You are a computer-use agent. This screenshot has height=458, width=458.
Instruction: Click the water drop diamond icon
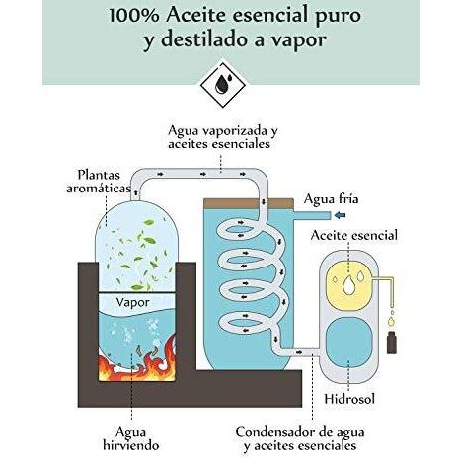[223, 85]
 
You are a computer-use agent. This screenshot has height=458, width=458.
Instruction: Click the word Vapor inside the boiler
[133, 302]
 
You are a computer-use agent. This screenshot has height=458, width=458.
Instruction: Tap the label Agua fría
[331, 199]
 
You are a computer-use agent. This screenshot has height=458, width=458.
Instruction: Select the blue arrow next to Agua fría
[340, 215]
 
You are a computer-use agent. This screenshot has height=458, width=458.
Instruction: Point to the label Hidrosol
[349, 399]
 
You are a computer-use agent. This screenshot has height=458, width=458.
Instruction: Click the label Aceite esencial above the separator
[354, 235]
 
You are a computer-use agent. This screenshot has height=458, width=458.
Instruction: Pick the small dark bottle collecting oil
[391, 343]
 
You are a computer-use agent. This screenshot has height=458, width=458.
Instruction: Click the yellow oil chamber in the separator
[348, 284]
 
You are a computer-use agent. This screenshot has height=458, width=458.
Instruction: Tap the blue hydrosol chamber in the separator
[348, 342]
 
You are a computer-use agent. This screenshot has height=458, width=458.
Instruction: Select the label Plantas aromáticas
[99, 182]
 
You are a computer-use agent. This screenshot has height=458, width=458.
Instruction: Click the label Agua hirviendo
[131, 438]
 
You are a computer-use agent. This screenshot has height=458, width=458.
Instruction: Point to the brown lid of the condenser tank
[249, 203]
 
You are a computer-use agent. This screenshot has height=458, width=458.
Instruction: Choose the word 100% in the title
[134, 16]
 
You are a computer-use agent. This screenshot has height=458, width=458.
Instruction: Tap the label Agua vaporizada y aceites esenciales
[223, 137]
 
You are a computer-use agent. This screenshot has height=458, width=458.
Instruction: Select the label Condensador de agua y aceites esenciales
[300, 438]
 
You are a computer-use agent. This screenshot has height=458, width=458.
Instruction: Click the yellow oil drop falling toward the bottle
[391, 321]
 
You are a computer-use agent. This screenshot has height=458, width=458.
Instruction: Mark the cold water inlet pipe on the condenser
[312, 215]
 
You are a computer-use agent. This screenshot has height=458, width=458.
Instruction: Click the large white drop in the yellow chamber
[348, 285]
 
